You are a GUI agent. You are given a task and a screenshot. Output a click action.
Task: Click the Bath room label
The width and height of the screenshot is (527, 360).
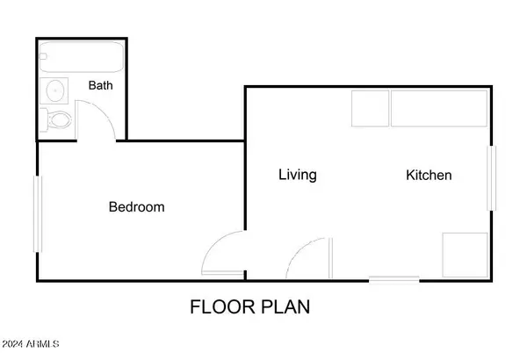(x=100, y=85)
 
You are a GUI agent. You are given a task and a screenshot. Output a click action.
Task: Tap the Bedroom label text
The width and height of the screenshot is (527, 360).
(x=137, y=206)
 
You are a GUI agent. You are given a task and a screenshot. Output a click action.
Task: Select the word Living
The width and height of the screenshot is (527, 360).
(x=298, y=175)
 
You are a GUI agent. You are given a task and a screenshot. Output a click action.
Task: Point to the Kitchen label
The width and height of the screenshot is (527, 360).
(x=429, y=175)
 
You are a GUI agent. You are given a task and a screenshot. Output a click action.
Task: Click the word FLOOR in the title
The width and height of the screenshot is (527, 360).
(x=222, y=307)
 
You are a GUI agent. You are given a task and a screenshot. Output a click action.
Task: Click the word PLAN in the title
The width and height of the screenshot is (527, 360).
(x=285, y=307)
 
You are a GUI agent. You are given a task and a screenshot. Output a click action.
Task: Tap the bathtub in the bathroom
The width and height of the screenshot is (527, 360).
(x=82, y=57)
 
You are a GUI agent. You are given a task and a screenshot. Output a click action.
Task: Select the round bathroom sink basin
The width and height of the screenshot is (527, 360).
(x=55, y=90)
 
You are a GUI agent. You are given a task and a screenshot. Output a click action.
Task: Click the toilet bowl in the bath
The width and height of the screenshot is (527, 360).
(x=60, y=120)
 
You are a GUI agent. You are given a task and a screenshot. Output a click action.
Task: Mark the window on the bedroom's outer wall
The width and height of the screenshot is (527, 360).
(x=37, y=213)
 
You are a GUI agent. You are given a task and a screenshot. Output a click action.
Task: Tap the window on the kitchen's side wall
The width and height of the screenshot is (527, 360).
(x=492, y=178)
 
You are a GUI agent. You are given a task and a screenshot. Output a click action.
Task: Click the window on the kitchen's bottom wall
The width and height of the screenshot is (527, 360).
(x=393, y=280)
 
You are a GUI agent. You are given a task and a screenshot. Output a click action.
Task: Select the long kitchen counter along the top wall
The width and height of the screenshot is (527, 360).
(x=439, y=109)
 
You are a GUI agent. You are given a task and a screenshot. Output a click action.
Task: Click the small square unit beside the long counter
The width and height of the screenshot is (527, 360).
(x=371, y=109)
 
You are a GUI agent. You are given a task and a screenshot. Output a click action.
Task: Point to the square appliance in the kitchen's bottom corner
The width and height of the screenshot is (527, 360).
(x=466, y=256)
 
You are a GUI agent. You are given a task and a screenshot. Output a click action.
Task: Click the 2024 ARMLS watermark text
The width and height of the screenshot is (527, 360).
(x=31, y=344)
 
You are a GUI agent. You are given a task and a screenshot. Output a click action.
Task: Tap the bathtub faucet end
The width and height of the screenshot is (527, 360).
(x=43, y=56)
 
